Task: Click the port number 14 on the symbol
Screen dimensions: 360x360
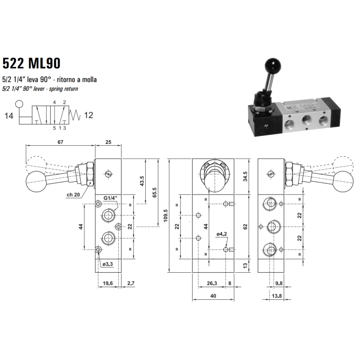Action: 9,116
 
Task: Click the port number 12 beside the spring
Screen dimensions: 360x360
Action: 88,115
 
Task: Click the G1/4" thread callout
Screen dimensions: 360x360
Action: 111,198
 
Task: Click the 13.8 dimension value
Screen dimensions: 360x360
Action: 277,296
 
